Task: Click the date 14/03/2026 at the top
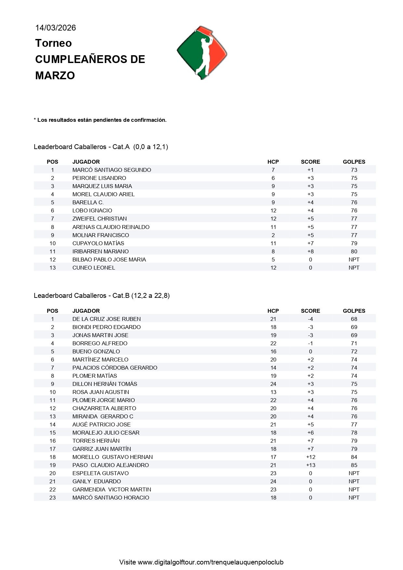tap(56, 28)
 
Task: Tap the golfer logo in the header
tap(202, 53)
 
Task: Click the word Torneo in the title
tap(53, 43)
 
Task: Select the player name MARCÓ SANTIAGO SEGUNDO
tap(111, 170)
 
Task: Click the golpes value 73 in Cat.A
tap(354, 170)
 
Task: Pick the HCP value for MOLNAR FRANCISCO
tap(273, 235)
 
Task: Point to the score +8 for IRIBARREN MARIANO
tap(310, 251)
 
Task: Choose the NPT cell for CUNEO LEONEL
tap(354, 268)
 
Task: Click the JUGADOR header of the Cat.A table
tap(86, 162)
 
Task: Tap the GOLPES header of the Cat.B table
tap(354, 311)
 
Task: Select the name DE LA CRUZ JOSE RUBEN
tap(106, 319)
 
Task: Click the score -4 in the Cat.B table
tap(310, 319)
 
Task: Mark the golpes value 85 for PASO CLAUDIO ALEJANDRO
tap(354, 465)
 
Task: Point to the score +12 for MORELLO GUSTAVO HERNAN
tap(310, 457)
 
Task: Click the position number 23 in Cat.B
tap(52, 498)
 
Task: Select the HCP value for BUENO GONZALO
tap(273, 351)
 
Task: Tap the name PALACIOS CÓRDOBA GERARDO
tap(115, 368)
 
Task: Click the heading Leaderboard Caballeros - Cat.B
tap(101, 296)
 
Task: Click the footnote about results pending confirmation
tap(100, 120)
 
